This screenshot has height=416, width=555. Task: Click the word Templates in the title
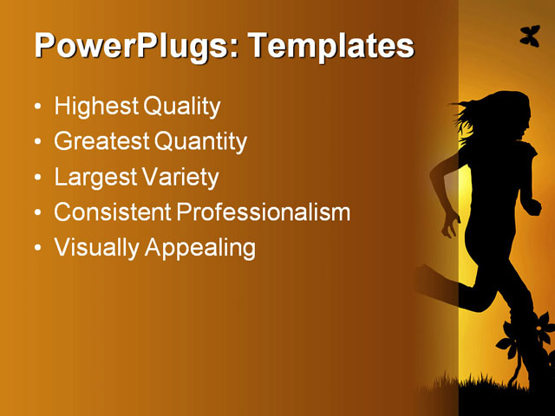click(x=332, y=46)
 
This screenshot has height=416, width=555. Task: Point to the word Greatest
click(x=100, y=142)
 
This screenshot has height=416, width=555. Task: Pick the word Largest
click(x=94, y=178)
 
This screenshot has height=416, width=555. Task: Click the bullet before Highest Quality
click(x=36, y=108)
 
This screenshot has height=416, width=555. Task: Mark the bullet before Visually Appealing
click(x=36, y=249)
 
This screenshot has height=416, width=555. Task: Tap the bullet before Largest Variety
click(x=36, y=179)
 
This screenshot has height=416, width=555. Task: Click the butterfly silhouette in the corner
click(x=529, y=36)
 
